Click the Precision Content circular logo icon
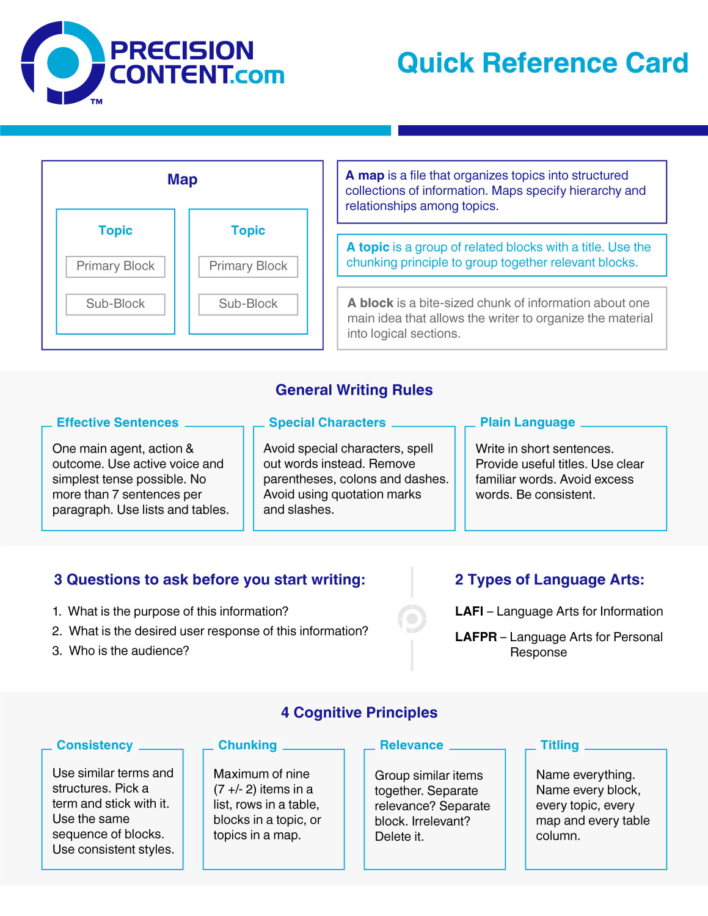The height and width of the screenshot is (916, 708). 62,62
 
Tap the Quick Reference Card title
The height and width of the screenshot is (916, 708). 542,63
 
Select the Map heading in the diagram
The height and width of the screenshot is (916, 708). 182,180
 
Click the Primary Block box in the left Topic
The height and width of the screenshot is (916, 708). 115,266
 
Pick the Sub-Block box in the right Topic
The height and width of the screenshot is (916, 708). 248,304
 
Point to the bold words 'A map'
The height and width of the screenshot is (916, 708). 365,176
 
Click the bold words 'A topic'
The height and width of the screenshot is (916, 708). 368,247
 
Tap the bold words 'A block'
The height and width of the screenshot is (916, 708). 370,303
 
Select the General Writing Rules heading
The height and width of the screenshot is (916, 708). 354,390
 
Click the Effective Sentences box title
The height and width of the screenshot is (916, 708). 117,423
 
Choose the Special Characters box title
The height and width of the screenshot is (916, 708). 327,423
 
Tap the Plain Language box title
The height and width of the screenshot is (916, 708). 527,423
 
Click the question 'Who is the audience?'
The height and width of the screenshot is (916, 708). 129,651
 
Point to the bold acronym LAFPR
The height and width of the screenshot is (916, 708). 476,637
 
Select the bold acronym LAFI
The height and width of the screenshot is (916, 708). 469,611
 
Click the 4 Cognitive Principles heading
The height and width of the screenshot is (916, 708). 359,713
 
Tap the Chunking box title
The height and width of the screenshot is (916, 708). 247,745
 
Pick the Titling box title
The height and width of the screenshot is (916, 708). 560,745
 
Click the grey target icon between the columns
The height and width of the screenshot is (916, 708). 412,619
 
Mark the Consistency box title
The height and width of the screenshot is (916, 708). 95,745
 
